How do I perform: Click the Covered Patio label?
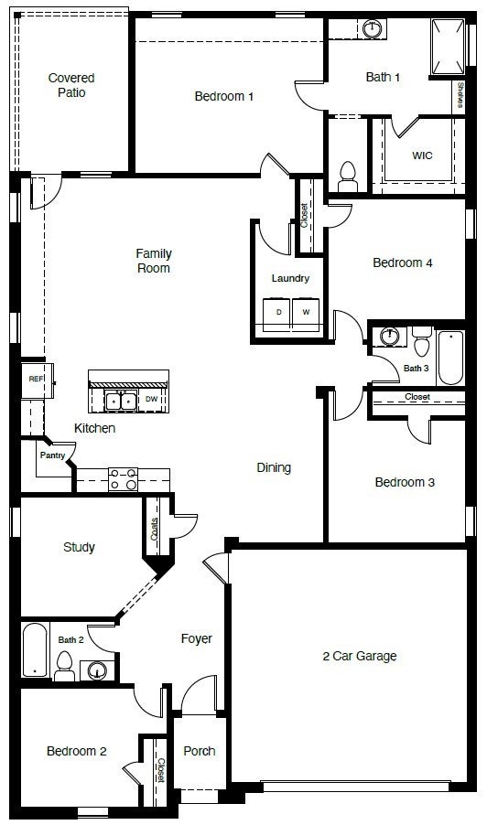coord(71,85)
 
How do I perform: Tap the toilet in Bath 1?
coord(347,172)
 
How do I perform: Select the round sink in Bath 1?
coord(373,29)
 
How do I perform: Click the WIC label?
coord(422,155)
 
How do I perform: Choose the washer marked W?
coord(306,313)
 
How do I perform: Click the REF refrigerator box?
coord(36,379)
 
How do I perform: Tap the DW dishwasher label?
coord(151,400)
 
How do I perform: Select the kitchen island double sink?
coord(121,400)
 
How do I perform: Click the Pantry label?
coord(51,455)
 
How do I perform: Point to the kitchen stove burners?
coord(124,478)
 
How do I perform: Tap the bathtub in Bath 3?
coord(451,359)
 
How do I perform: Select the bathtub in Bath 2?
coord(34,650)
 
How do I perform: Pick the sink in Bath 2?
coord(97,671)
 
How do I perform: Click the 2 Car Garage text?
coord(360,656)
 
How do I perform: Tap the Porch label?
coord(200,751)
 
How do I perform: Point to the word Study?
coord(79,548)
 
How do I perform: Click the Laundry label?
coord(290,278)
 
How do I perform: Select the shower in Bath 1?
coord(446,46)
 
